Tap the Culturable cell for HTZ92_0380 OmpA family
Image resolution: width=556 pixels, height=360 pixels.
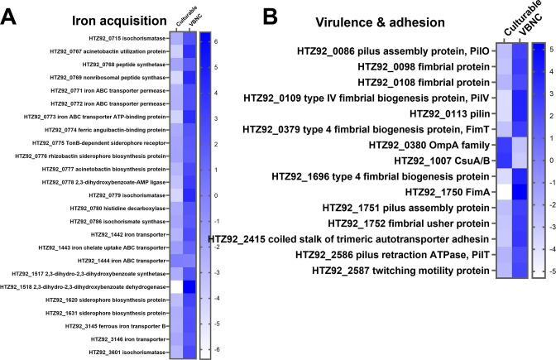pyautogui.click(x=503, y=144)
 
